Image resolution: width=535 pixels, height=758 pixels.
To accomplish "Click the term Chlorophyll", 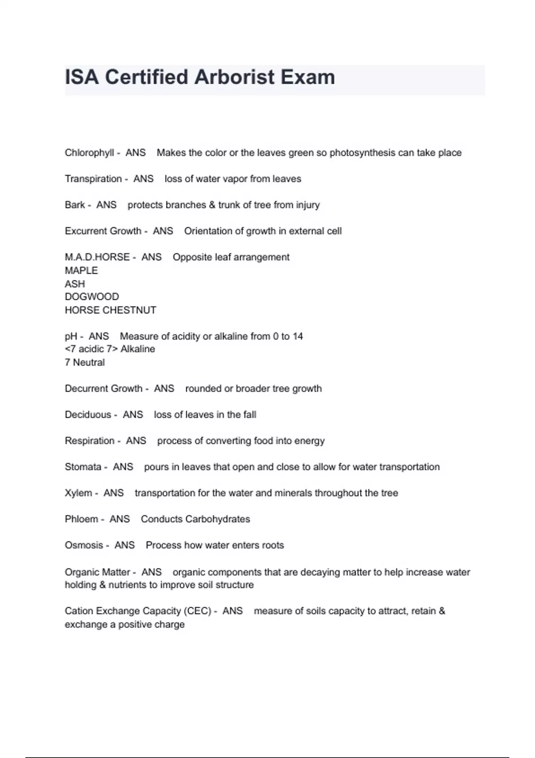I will point(89,153).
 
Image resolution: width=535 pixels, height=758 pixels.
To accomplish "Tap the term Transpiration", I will point(93,179).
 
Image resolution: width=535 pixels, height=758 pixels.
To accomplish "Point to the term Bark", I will point(74,205).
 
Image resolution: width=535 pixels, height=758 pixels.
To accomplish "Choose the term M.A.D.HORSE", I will point(97,257).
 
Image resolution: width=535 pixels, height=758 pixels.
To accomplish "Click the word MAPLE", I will point(81,271).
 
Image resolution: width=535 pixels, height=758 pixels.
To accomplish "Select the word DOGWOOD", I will point(92,297).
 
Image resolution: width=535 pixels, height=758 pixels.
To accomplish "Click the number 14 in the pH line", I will point(297,336).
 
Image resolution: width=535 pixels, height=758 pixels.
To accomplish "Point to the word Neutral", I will point(89,363).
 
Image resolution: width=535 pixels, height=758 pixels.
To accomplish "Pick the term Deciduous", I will point(88,415).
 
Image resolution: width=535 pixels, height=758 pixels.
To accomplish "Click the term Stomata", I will point(83,467).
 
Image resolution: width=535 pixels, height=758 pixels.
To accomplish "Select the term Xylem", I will point(78,493).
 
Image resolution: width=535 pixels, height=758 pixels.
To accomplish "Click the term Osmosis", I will point(84,545).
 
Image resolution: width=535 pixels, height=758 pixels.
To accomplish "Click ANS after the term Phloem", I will point(119,519).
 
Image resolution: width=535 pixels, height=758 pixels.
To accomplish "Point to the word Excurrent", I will point(84,231).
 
